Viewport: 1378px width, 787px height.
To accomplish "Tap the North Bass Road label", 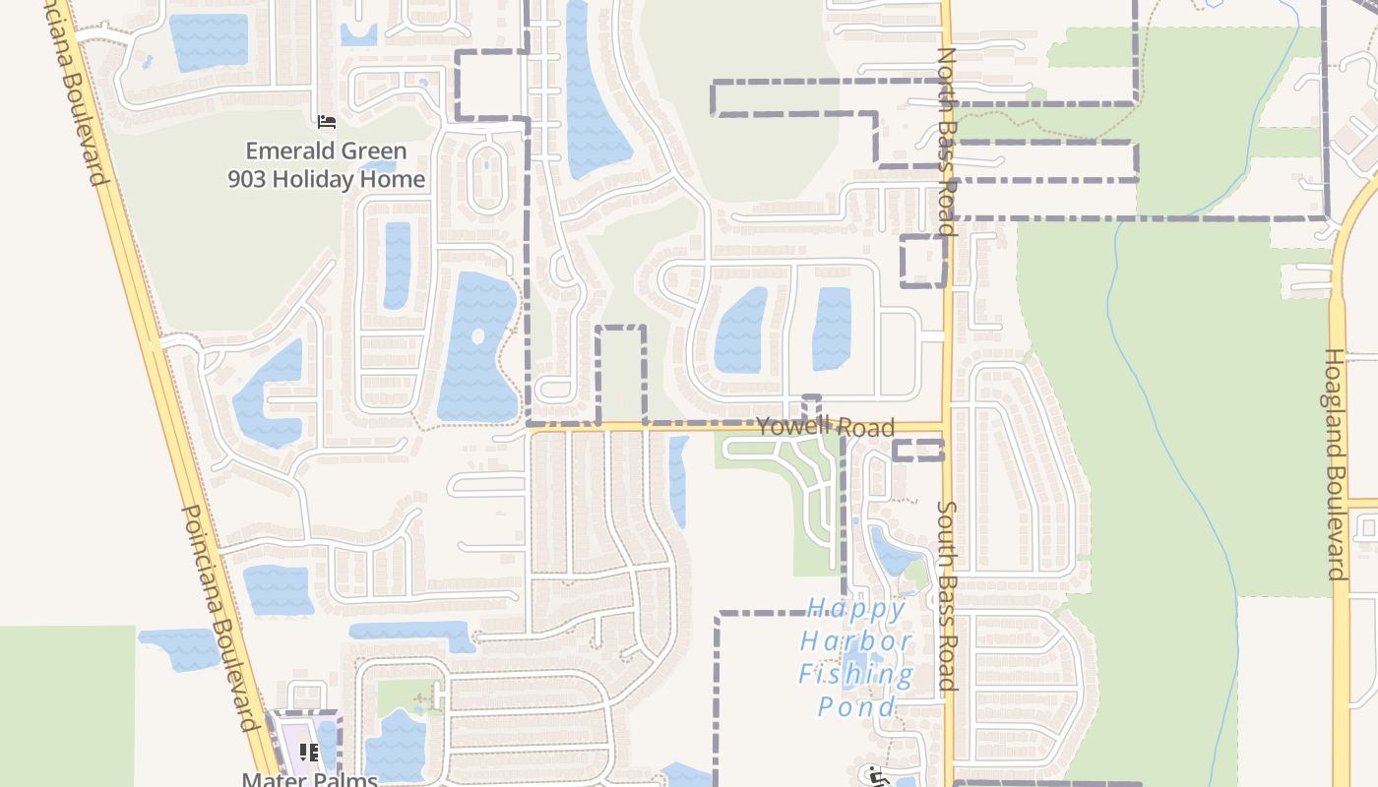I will (947, 142).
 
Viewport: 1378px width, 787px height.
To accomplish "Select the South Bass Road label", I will (947, 596).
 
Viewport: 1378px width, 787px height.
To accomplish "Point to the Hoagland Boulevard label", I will (1335, 464).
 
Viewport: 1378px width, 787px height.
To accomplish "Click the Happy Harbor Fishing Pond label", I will (855, 657).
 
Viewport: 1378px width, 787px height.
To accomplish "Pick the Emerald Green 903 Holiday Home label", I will (326, 165).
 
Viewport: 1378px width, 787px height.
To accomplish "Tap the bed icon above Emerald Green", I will (327, 122).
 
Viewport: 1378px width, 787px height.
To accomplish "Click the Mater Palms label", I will (310, 779).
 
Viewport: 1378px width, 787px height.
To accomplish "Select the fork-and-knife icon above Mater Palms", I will (309, 753).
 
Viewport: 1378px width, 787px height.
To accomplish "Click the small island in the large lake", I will (478, 336).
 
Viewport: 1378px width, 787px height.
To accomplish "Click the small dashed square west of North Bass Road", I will (923, 261).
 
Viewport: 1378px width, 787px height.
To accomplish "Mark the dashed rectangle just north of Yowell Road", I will (621, 374).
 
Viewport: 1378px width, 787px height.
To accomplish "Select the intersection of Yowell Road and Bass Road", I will (946, 427).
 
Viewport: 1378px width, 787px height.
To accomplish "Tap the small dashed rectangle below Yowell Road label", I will (917, 451).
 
